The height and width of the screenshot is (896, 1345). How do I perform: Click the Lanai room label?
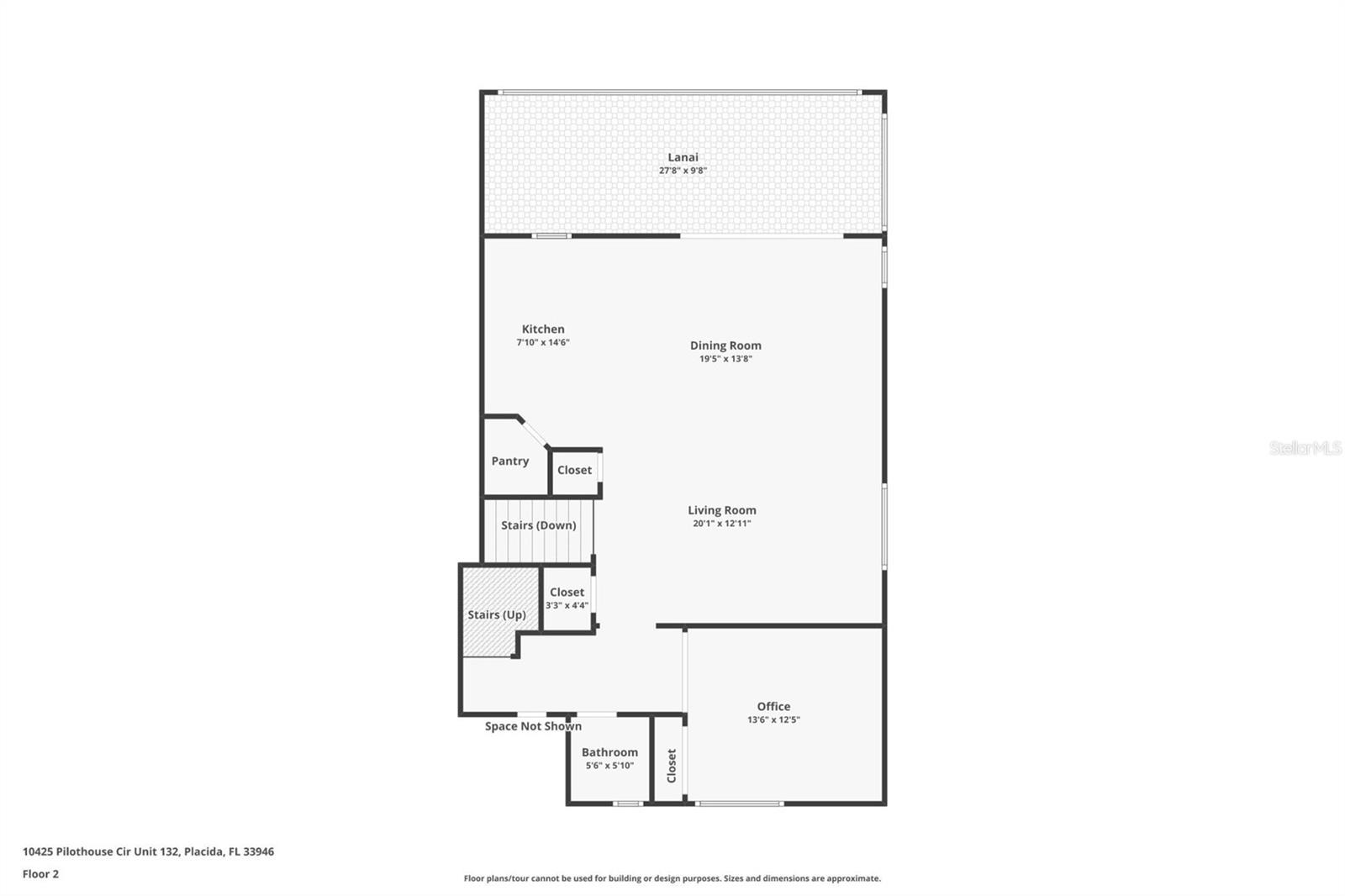[x=683, y=157]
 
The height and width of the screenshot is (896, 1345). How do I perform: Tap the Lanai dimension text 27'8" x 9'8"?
[x=683, y=171]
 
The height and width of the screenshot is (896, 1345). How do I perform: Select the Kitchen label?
[x=543, y=329]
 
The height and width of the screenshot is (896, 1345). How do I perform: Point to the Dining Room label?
[x=725, y=345]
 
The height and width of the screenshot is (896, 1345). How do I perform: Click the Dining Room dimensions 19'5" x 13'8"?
[x=725, y=359]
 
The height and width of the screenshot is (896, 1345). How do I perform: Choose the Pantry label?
[x=510, y=461]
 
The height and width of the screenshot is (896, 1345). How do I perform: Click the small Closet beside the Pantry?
[x=574, y=471]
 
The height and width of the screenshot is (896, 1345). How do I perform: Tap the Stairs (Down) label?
[x=538, y=525]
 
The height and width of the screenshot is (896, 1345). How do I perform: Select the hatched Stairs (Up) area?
[x=497, y=614]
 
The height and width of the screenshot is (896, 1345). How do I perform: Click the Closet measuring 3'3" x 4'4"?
[x=567, y=598]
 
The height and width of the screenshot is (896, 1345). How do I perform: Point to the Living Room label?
[x=721, y=510]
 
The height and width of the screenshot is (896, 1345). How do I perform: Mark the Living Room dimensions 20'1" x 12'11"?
[x=721, y=524]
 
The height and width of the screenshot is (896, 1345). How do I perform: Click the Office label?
[x=773, y=707]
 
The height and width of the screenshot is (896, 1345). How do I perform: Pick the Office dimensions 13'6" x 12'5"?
[x=773, y=720]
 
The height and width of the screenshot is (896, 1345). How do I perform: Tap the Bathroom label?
[x=609, y=752]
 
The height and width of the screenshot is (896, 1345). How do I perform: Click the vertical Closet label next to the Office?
[x=671, y=766]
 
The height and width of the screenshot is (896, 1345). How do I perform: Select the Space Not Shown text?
[x=533, y=726]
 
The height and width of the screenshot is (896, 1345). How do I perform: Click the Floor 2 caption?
[x=40, y=874]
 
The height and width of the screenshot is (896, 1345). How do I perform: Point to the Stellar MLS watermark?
[x=1305, y=448]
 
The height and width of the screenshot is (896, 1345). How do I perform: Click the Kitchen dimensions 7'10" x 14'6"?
[x=543, y=343]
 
